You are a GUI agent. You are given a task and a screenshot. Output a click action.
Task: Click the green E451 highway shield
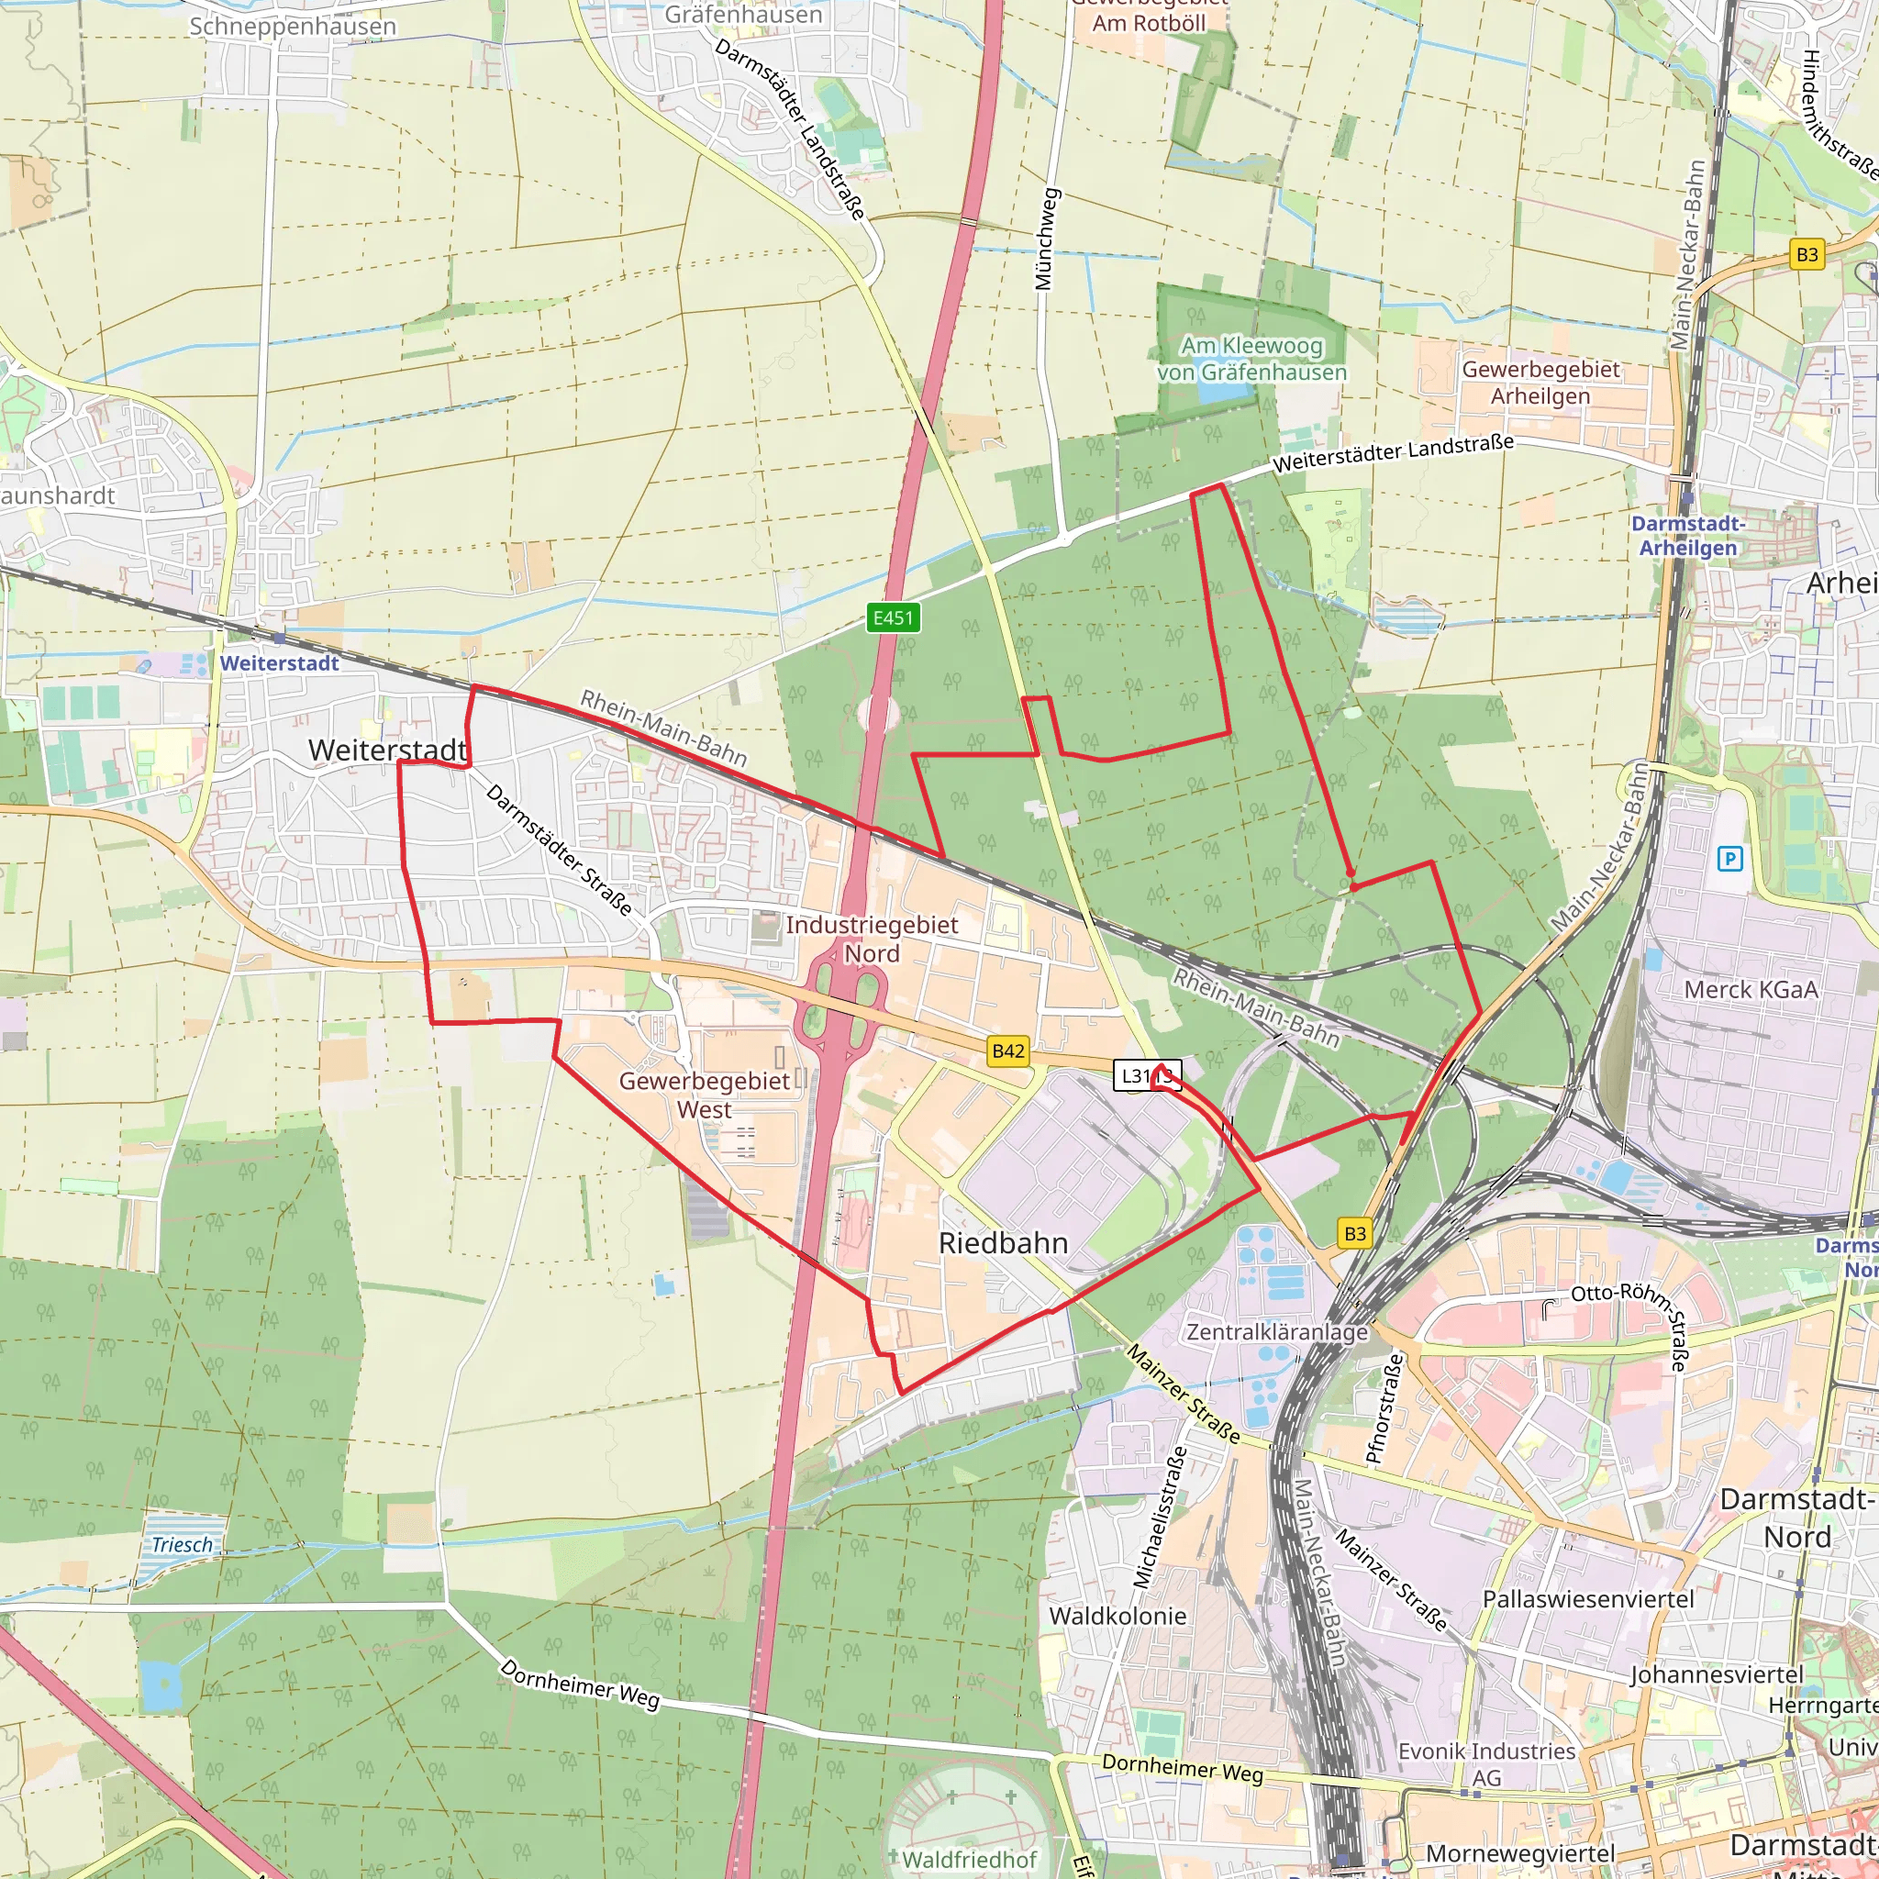[893, 617]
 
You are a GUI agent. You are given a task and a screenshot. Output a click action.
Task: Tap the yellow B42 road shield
[1007, 1051]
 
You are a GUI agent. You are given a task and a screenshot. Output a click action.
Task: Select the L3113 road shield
[1147, 1075]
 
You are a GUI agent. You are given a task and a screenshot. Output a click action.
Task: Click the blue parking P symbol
[1729, 859]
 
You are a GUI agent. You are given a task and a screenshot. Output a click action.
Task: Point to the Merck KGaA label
[1751, 989]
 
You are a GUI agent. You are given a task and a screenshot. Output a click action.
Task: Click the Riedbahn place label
[1003, 1243]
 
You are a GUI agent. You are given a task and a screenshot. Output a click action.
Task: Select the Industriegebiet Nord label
[872, 939]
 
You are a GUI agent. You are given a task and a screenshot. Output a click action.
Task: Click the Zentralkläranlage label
[1277, 1331]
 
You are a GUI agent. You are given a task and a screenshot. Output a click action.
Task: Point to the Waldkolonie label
[1117, 1616]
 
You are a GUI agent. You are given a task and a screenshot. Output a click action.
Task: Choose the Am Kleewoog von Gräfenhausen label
[1251, 359]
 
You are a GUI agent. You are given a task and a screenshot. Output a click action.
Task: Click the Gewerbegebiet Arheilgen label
[1540, 383]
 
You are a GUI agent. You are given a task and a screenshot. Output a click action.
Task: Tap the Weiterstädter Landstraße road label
[1394, 453]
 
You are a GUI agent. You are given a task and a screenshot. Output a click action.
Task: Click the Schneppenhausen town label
[293, 27]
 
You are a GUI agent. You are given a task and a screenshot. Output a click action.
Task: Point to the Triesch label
[182, 1544]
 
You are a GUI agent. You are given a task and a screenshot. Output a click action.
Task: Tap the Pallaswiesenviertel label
[1588, 1599]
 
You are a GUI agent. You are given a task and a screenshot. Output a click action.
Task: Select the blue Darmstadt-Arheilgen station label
[1688, 536]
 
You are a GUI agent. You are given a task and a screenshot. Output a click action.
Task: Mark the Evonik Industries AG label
[1486, 1764]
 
